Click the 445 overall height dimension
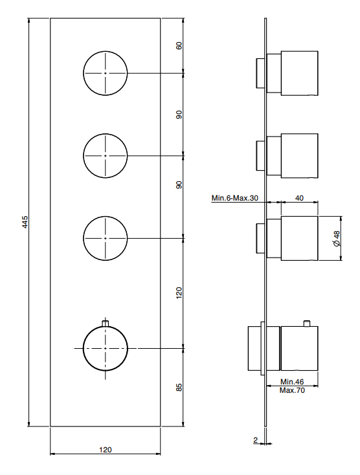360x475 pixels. pyautogui.click(x=26, y=222)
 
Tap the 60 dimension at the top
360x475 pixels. pyautogui.click(x=179, y=45)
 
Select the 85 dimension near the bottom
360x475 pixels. pyautogui.click(x=179, y=388)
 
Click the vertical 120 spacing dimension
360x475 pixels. pyautogui.click(x=179, y=293)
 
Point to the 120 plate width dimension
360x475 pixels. pyautogui.click(x=105, y=450)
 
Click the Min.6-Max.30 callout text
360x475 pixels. pyautogui.click(x=235, y=198)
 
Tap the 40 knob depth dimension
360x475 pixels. pyautogui.click(x=299, y=198)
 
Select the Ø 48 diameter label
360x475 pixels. pyautogui.click(x=337, y=238)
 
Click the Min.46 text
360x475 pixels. pyautogui.click(x=292, y=382)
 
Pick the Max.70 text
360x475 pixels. pyautogui.click(x=292, y=390)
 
